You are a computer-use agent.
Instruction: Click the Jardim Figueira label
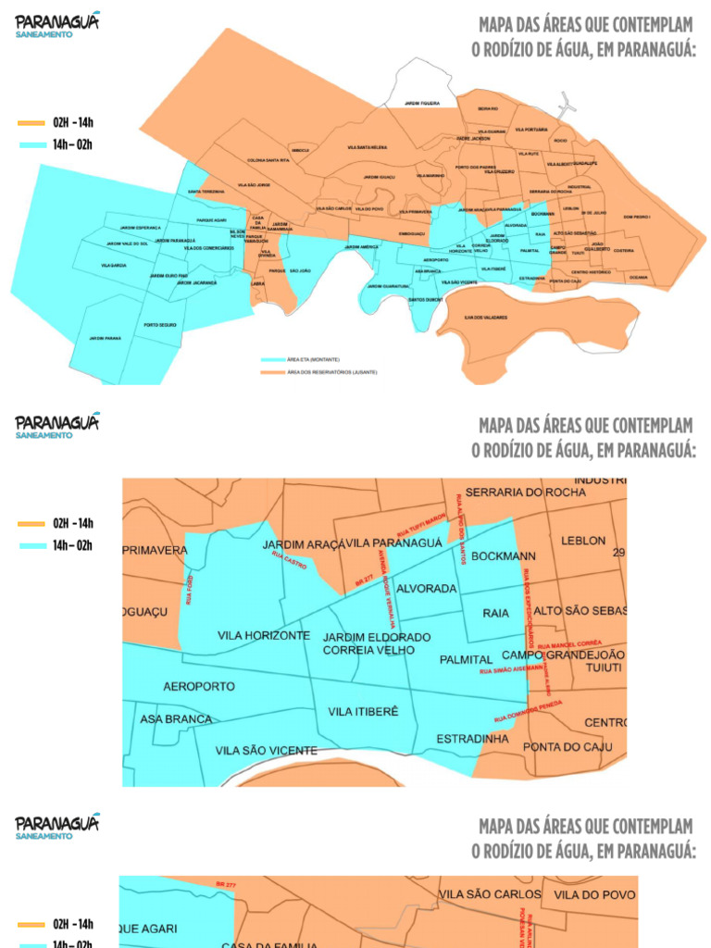pos(422,104)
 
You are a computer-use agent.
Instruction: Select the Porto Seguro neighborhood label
pos(160,325)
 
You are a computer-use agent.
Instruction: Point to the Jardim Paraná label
pos(105,339)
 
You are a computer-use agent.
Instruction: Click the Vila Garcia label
pos(113,265)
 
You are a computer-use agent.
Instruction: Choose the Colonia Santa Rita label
pos(268,160)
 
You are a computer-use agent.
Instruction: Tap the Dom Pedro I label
pos(637,217)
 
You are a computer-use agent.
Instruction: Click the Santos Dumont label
pos(426,300)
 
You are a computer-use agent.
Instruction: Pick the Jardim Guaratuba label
pos(388,286)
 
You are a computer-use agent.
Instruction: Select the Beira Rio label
pos(488,109)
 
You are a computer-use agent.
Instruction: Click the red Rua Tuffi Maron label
pos(421,525)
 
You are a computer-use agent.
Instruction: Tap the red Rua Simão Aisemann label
pos(511,668)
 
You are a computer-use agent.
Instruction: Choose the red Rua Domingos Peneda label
pos(528,710)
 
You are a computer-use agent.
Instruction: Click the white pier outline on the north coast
pos(566,104)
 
